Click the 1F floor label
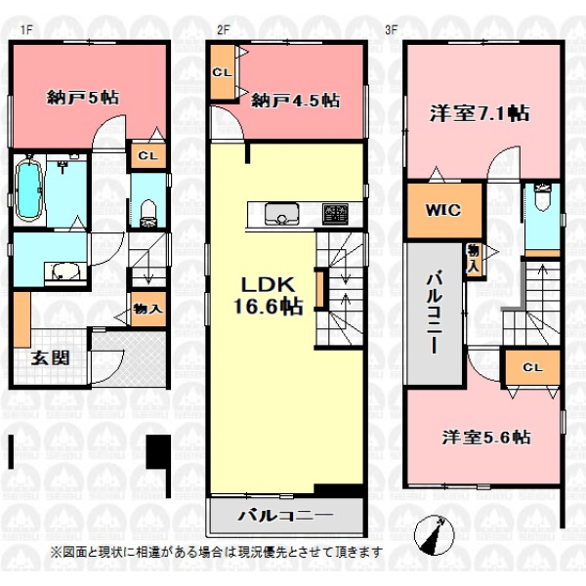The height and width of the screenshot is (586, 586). [26, 30]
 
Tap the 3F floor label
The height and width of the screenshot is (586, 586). [391, 30]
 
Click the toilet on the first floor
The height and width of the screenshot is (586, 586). [148, 213]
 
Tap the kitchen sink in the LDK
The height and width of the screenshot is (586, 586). [282, 214]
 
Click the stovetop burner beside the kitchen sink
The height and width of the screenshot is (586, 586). [335, 214]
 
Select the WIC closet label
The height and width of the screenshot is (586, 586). [443, 210]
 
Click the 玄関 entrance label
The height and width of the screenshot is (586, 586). [50, 357]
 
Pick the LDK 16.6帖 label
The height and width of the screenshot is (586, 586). [268, 295]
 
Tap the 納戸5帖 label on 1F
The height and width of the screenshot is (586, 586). [83, 98]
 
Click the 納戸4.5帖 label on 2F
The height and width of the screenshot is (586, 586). [295, 101]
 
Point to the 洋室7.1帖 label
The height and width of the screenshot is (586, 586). [480, 113]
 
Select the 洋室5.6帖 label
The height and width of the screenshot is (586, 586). [486, 437]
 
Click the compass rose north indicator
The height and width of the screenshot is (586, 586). [435, 534]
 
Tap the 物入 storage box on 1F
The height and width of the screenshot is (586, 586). [148, 309]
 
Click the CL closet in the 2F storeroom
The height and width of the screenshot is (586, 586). [223, 71]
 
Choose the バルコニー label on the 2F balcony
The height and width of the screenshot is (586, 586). [285, 516]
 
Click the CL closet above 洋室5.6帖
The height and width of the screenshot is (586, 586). [532, 367]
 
